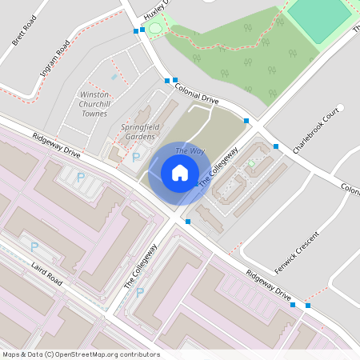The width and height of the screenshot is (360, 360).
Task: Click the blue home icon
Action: coord(180,173)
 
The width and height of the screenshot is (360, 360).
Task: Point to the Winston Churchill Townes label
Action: coord(95,104)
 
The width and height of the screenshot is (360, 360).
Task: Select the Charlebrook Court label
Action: coord(317,130)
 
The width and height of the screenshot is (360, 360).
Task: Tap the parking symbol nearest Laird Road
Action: coord(34,247)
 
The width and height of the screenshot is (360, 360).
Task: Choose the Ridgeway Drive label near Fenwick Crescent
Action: coord(268,284)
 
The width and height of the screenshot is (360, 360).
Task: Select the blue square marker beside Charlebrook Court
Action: coord(276,146)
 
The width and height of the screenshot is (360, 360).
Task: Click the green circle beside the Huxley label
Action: coord(154,29)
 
